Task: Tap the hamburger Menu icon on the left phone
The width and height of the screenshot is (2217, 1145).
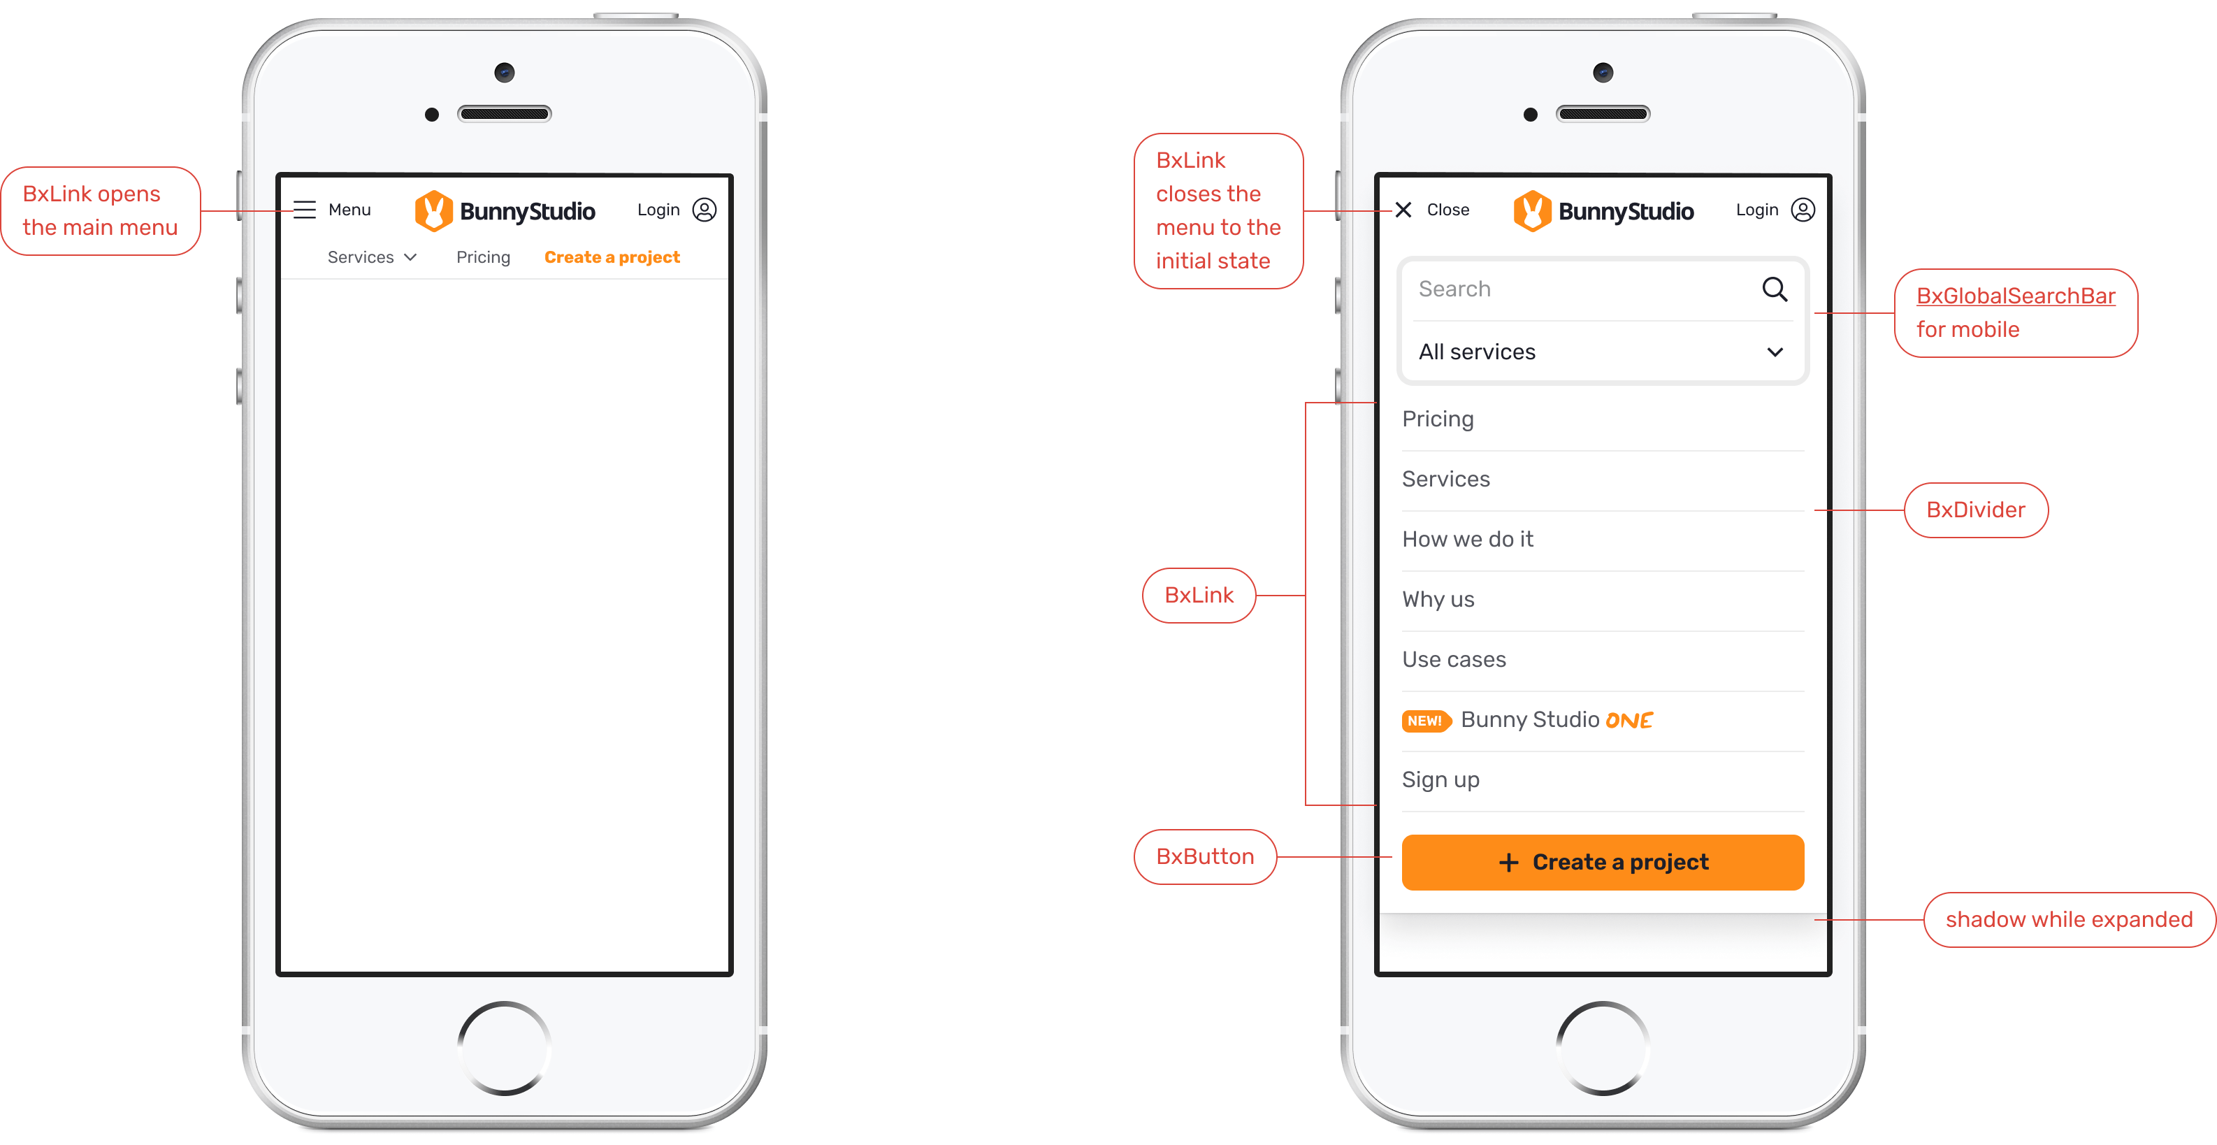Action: pos(305,210)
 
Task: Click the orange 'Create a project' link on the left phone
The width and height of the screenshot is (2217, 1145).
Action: pos(612,257)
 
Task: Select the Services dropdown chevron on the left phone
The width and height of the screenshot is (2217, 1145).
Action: pos(410,257)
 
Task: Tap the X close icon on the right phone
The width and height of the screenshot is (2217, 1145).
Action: pos(1403,210)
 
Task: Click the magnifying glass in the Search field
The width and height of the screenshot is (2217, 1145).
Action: pos(1775,289)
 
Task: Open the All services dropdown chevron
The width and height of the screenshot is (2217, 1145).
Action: pos(1775,352)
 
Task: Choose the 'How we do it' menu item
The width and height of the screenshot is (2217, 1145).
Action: pos(1467,539)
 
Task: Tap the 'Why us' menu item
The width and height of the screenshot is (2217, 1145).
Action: pos(1438,599)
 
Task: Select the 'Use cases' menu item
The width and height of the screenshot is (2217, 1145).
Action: pos(1454,659)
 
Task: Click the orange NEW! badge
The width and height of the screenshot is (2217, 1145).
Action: pos(1426,721)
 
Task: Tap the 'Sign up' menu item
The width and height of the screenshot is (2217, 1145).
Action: pos(1440,780)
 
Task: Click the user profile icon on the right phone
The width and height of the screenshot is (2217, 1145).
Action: pos(1803,210)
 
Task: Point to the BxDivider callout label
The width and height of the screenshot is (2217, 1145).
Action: pos(1976,510)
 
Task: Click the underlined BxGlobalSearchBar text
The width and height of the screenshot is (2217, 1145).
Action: pos(2016,296)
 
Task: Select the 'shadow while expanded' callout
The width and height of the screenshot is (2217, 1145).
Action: pos(2069,919)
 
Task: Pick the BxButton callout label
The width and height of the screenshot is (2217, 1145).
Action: pos(1205,856)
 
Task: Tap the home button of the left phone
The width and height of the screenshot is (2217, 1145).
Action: pos(505,1048)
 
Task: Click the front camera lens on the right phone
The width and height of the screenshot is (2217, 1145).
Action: pos(1603,72)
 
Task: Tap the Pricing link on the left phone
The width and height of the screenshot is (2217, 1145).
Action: pos(483,257)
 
